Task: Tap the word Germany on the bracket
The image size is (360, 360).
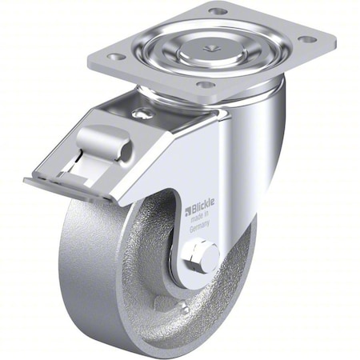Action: point(201,226)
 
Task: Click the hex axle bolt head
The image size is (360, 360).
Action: point(202,259)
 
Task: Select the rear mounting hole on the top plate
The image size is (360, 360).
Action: point(218,11)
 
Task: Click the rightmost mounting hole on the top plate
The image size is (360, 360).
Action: point(306,38)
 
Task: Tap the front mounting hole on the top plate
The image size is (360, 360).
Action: point(204,84)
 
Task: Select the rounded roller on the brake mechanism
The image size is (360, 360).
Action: point(105,144)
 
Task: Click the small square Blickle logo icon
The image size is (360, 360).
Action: point(189,211)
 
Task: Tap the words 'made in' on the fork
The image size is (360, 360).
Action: point(201,218)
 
